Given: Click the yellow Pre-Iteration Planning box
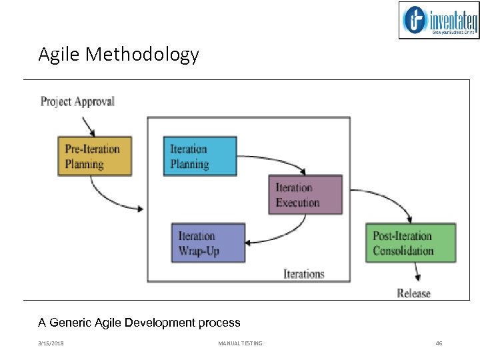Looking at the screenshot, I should [94, 157].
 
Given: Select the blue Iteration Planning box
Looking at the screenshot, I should [200, 157].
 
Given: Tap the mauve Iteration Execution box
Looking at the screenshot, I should [305, 195].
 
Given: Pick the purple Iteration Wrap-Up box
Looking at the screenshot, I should [208, 243].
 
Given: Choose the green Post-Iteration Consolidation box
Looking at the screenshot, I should [410, 243].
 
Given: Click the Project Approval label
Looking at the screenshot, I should [77, 101].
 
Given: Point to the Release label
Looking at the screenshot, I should [413, 293].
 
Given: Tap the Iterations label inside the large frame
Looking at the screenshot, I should [304, 273].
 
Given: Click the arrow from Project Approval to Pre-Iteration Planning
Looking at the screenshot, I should [88, 126].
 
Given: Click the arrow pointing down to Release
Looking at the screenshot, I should [417, 272].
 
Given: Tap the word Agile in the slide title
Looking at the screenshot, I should [58, 54].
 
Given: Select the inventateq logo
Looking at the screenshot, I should [439, 20].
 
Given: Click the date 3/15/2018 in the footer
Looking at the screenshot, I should [51, 343].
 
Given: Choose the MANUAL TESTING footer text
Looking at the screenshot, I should [240, 343].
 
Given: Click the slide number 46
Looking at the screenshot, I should [439, 343].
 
